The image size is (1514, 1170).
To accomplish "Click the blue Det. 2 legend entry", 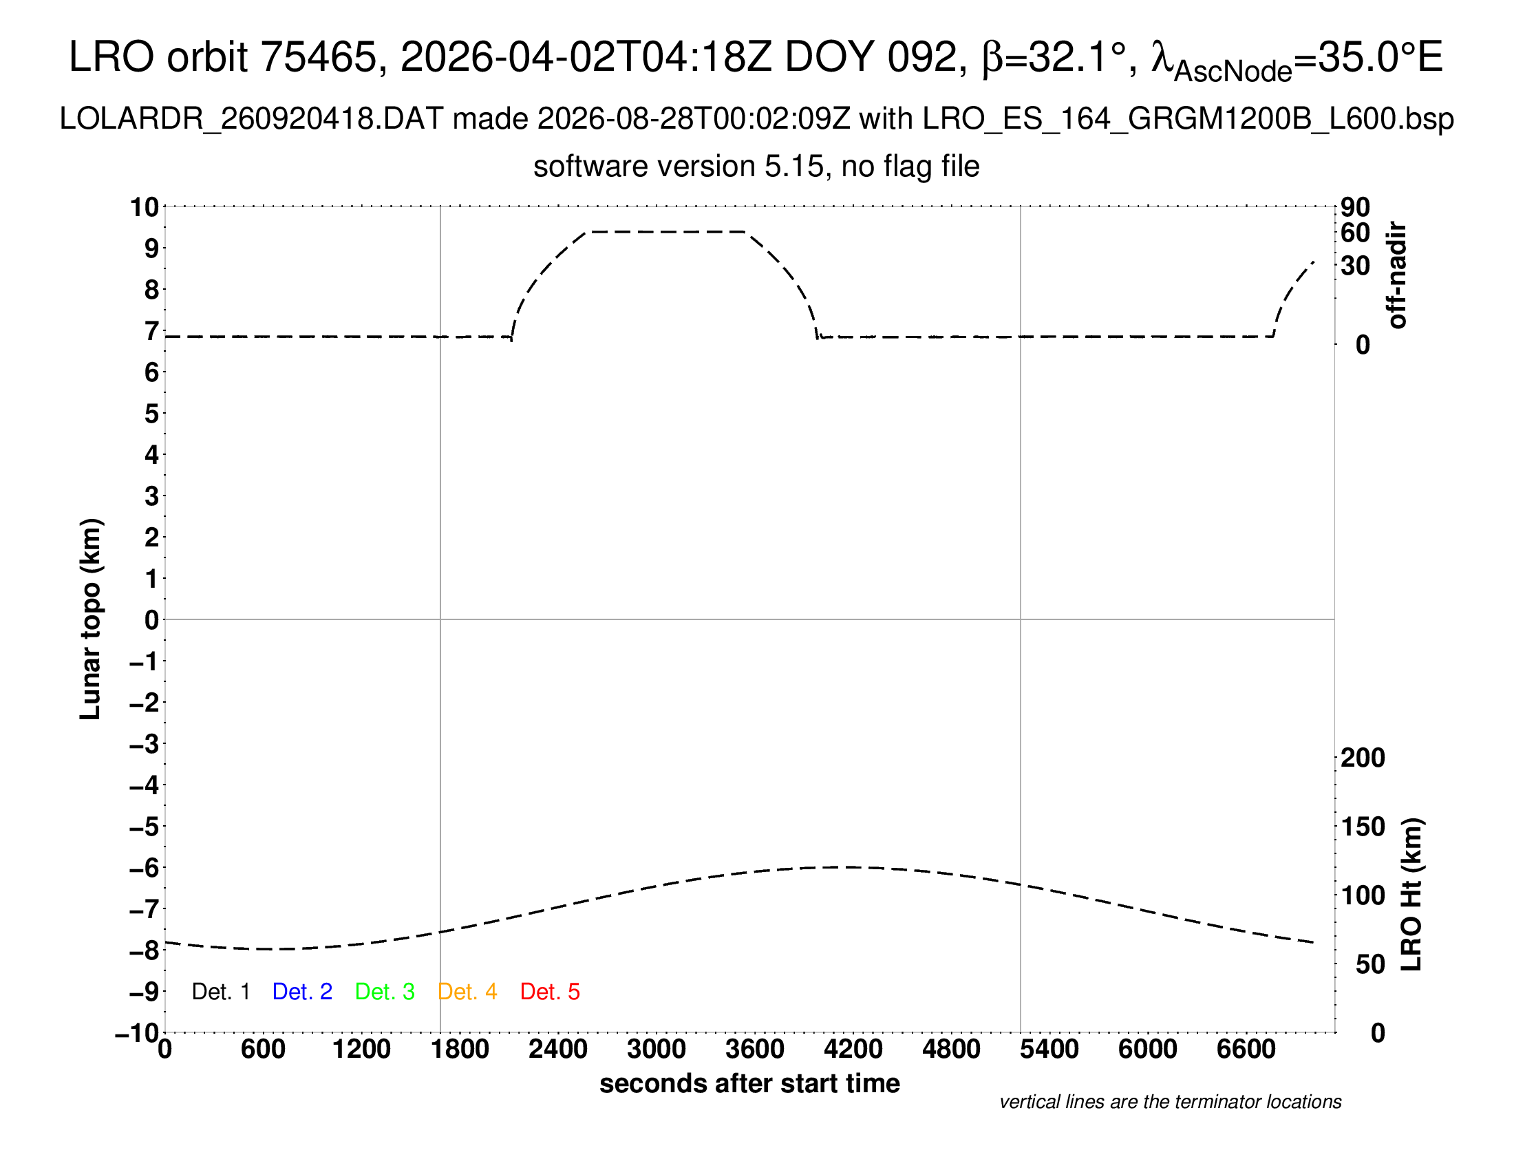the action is (x=302, y=992).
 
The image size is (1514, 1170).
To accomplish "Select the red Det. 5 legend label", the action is (x=550, y=992).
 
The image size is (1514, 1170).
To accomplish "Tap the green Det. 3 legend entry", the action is (x=385, y=992).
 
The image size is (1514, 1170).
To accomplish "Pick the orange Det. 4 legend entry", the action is (x=467, y=992).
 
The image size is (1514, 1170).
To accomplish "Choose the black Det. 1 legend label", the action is (x=220, y=992).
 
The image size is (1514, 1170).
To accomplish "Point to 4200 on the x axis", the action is (x=853, y=1050).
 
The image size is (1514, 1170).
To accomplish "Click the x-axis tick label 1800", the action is (x=460, y=1050).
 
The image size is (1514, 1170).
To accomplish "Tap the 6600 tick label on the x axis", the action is (x=1246, y=1050).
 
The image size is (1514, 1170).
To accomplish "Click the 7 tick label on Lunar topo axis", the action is (x=152, y=331).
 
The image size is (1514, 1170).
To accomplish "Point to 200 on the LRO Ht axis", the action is (x=1363, y=758).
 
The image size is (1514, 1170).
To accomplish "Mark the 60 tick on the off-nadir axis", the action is (x=1355, y=233).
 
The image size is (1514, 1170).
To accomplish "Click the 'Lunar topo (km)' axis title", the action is (x=91, y=619).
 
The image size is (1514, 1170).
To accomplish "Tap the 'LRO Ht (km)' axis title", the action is (x=1411, y=895).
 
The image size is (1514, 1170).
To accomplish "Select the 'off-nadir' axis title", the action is (x=1397, y=275).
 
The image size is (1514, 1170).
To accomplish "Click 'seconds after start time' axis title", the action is (x=749, y=1083).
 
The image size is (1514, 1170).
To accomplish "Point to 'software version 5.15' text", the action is (x=679, y=167).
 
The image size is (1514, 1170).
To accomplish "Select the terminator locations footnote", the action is (x=1170, y=1102).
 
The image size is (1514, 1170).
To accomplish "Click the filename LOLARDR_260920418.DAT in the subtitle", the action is (x=251, y=119).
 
